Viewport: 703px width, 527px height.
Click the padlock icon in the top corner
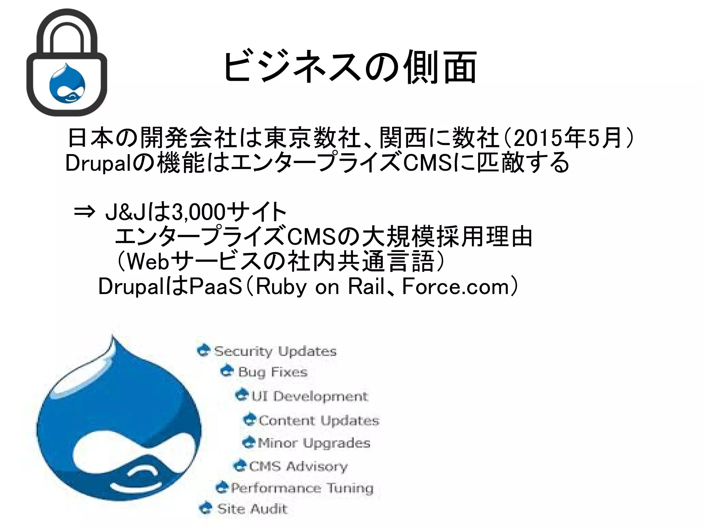[67, 62]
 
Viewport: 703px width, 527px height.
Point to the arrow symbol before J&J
[84, 211]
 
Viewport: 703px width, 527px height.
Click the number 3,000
[198, 212]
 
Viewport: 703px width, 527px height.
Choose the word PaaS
[216, 286]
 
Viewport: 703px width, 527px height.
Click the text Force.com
[455, 286]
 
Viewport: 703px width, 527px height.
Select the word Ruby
[281, 286]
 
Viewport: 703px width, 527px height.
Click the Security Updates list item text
[275, 351]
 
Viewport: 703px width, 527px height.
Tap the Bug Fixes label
[273, 372]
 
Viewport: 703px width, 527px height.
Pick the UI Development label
[310, 396]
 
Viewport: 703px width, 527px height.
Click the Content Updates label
[319, 421]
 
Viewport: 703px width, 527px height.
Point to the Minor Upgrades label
[314, 443]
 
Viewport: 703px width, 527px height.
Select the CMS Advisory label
[298, 466]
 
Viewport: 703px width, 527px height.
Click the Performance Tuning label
[302, 488]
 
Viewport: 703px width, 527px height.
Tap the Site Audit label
[252, 508]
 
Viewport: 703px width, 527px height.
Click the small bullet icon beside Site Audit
[206, 508]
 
